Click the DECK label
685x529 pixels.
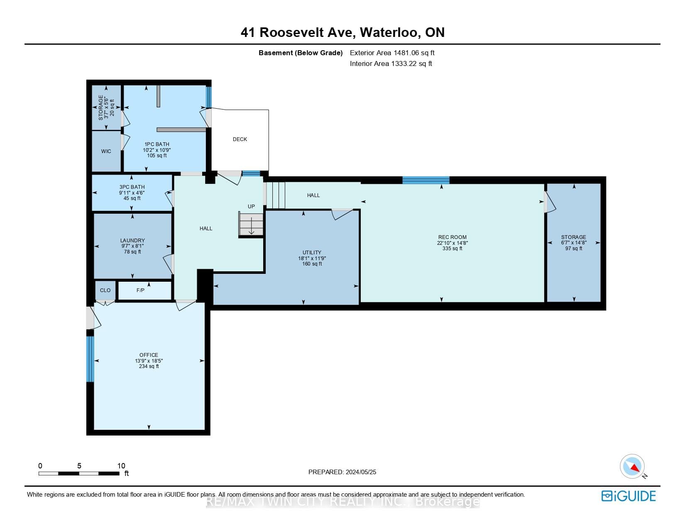pyautogui.click(x=240, y=139)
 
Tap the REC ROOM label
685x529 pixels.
pyautogui.click(x=452, y=237)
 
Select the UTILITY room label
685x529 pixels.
pyautogui.click(x=312, y=253)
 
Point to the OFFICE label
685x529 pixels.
pyautogui.click(x=149, y=355)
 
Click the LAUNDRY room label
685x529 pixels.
pyautogui.click(x=132, y=241)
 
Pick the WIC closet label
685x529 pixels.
pyautogui.click(x=106, y=151)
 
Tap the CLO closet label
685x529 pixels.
pyautogui.click(x=105, y=290)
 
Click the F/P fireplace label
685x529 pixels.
pyautogui.click(x=141, y=290)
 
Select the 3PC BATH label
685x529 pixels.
pyautogui.click(x=132, y=187)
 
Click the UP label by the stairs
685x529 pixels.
pyautogui.click(x=251, y=207)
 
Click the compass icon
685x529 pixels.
pyautogui.click(x=632, y=467)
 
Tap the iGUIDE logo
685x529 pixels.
pyautogui.click(x=629, y=496)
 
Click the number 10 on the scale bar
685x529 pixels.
pyautogui.click(x=121, y=466)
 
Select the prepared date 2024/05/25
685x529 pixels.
pyautogui.click(x=361, y=472)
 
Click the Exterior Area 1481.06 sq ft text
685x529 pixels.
pyautogui.click(x=392, y=53)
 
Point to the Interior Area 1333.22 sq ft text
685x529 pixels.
pyautogui.click(x=391, y=63)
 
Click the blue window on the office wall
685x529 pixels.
pyautogui.click(x=90, y=359)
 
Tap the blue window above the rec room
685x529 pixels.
pyautogui.click(x=426, y=180)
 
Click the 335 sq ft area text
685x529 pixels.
pyautogui.click(x=452, y=249)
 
